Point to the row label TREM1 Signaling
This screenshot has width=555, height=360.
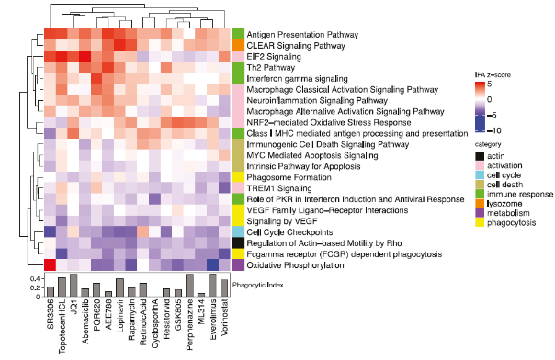[273, 187]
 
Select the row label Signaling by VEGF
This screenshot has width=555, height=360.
[276, 220]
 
